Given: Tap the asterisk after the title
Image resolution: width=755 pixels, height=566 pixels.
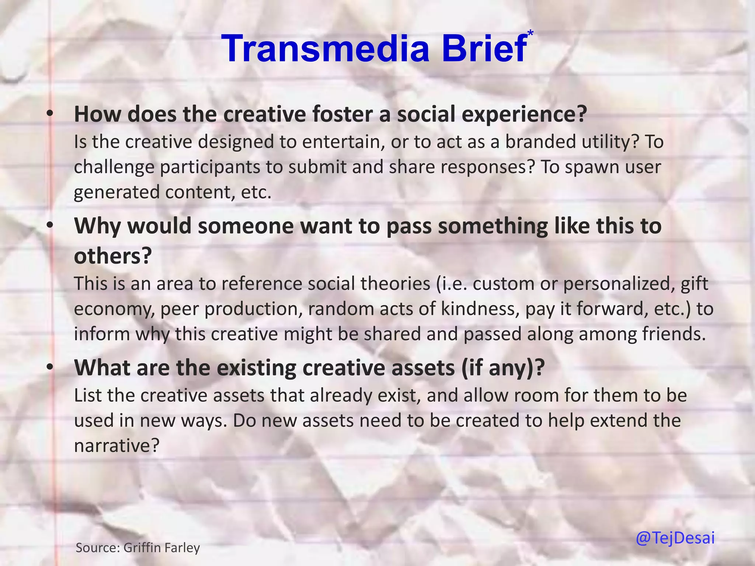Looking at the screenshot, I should (x=530, y=33).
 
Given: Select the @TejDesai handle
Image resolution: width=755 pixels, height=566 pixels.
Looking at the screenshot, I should (x=675, y=538).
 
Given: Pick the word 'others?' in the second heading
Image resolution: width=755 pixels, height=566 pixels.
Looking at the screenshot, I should (x=113, y=256).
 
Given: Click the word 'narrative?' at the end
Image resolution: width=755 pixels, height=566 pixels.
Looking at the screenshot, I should (x=116, y=446).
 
